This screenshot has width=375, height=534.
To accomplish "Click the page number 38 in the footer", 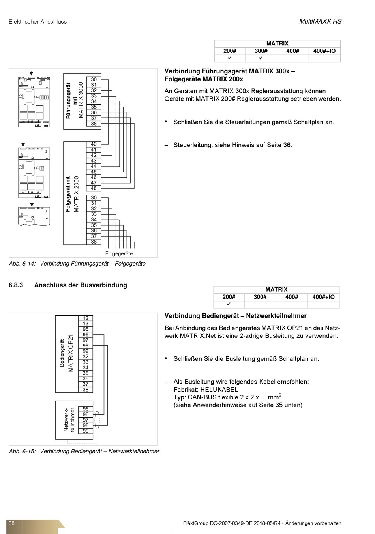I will tap(11, 523).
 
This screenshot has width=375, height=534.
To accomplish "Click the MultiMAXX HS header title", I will tap(320, 22).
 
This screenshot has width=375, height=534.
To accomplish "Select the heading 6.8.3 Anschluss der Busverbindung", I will tap(68, 285).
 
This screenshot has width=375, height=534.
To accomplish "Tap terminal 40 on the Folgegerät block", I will tap(94, 144).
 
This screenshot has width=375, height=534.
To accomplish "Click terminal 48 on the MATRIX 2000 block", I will tap(94, 189).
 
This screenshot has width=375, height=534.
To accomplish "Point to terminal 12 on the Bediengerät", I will tap(86, 318).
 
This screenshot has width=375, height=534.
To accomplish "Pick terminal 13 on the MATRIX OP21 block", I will tap(86, 324).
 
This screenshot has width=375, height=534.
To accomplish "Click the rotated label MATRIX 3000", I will tap(81, 100).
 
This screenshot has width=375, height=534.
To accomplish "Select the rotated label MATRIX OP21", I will tap(71, 353).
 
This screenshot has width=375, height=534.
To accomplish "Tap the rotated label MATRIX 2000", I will tap(77, 194).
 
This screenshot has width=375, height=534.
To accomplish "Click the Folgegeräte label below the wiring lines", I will tap(119, 253).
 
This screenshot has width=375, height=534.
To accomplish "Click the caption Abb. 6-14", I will tap(22, 264).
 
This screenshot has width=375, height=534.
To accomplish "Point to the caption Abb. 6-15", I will tap(22, 451).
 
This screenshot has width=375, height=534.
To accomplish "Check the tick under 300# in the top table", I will tap(261, 58).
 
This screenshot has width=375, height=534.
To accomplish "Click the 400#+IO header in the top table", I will tap(324, 51).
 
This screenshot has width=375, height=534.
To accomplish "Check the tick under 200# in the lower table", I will tap(229, 304).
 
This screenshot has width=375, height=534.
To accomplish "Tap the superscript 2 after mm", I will tap(280, 395).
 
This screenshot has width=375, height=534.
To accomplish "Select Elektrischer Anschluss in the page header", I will tap(37, 22).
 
